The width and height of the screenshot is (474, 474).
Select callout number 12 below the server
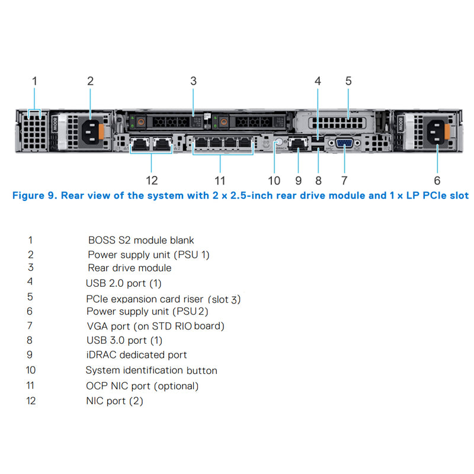click(152, 180)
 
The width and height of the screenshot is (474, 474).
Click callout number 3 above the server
click(193, 81)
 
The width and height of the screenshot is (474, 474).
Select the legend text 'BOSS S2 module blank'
click(141, 241)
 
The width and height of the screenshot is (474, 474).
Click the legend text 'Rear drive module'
click(130, 268)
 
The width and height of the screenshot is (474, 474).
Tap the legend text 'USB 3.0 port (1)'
click(124, 341)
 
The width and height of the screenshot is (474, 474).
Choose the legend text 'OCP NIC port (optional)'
click(142, 386)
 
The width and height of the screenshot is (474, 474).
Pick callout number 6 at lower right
click(437, 180)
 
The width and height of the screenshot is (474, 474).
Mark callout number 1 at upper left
click(34, 81)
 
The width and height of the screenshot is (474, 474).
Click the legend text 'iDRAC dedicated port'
click(136, 355)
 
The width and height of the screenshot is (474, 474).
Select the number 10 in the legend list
click(31, 370)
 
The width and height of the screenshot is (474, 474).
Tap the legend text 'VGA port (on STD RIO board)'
click(155, 326)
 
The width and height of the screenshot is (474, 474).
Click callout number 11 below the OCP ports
click(220, 180)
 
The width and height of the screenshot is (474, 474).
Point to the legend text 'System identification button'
click(151, 370)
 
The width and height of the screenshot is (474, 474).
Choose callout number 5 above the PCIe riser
click(348, 81)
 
